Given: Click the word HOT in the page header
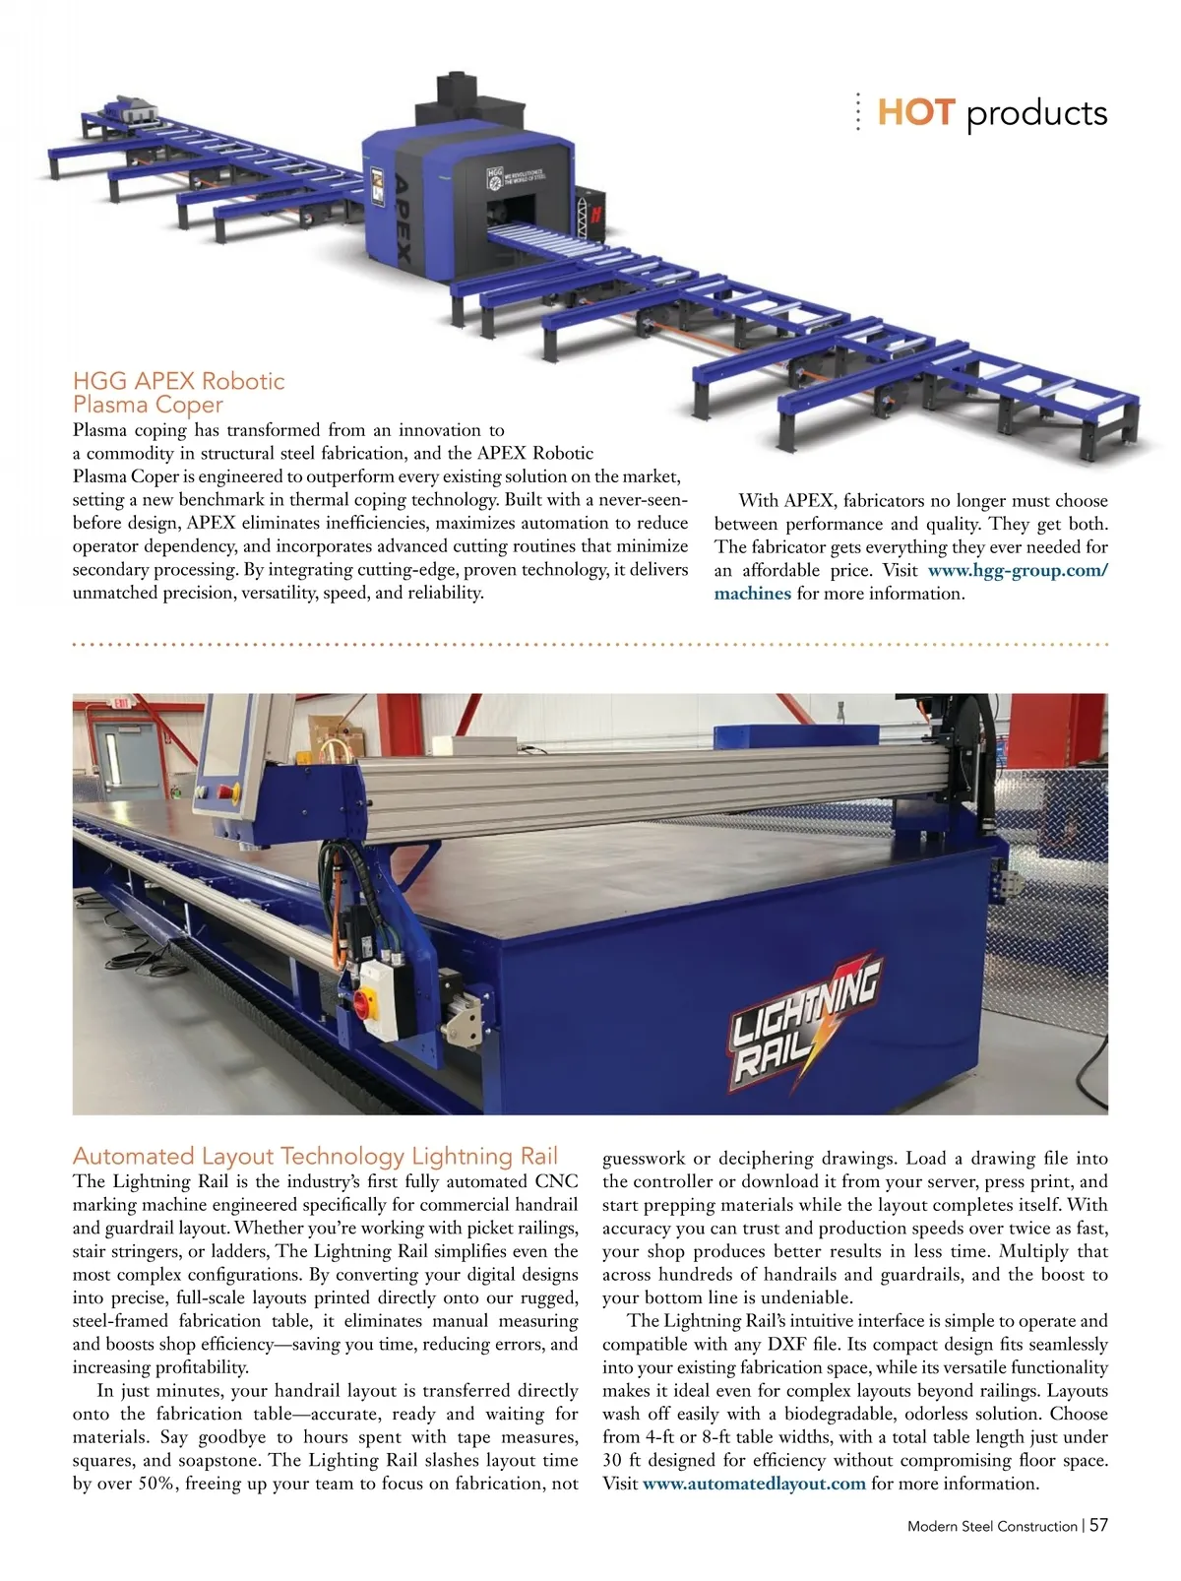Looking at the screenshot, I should [x=915, y=112].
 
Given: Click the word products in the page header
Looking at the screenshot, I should [x=1036, y=114].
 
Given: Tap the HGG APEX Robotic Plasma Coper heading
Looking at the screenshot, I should [x=178, y=392].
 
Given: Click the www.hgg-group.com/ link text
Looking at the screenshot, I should [x=1018, y=570].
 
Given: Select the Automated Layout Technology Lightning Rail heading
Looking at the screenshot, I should [x=315, y=1156].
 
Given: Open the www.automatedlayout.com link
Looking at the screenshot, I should [x=754, y=1484].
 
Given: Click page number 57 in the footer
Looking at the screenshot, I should [x=1098, y=1525].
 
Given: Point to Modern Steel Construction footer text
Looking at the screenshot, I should [x=992, y=1526].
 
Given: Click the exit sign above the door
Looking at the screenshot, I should [x=120, y=704].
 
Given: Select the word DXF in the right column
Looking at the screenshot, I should [x=787, y=1344].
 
